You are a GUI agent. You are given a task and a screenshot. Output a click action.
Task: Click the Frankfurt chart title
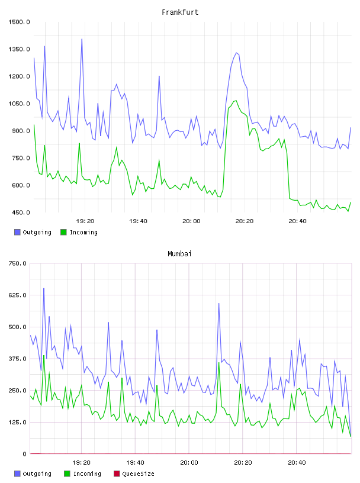[180, 12]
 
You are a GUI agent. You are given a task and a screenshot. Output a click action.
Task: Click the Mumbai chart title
[179, 254]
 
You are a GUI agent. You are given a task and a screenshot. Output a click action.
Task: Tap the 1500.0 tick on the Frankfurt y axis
[19, 22]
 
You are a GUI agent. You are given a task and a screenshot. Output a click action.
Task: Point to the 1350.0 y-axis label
[19, 49]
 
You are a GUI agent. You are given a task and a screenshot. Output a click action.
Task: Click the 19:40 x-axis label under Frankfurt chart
[138, 221]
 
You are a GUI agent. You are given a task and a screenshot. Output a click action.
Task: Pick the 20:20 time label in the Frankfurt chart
[245, 221]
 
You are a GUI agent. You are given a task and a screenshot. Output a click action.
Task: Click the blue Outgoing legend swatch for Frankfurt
[17, 232]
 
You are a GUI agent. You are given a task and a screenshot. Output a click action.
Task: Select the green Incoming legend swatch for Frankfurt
[63, 232]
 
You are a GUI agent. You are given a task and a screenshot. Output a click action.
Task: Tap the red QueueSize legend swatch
[117, 474]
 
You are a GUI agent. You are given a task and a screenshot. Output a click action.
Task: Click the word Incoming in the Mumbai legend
[87, 474]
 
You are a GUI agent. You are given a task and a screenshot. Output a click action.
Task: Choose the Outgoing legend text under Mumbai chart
[37, 474]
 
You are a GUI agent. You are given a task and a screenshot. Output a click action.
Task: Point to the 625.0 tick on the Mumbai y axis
[18, 295]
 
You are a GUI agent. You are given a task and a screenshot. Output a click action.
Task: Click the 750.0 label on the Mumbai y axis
[18, 263]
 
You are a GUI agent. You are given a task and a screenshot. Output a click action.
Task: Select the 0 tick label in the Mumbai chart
[25, 454]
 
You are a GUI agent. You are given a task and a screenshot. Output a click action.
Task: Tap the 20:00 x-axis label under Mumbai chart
[189, 463]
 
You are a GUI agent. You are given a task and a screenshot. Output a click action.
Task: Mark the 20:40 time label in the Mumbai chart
[297, 463]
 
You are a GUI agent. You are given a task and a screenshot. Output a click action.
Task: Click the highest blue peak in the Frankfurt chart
[82, 39]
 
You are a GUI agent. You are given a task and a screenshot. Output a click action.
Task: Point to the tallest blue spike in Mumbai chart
[44, 289]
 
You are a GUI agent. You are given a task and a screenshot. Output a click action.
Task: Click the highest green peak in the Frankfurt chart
[236, 101]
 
